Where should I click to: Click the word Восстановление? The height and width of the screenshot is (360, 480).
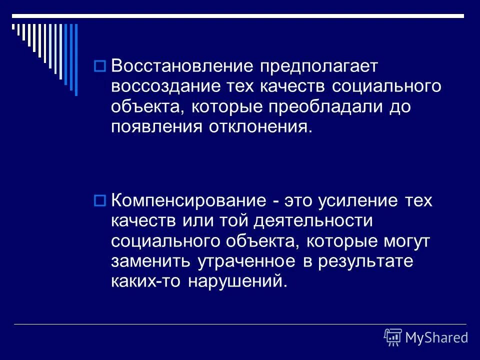(x=181, y=66)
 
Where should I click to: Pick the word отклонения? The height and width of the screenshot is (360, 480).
(x=256, y=127)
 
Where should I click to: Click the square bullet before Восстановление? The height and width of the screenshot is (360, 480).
(x=99, y=65)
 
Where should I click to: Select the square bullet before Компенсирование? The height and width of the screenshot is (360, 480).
(x=99, y=200)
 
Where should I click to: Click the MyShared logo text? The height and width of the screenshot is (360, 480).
(x=437, y=337)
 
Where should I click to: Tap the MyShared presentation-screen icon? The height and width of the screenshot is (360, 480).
(x=393, y=337)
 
